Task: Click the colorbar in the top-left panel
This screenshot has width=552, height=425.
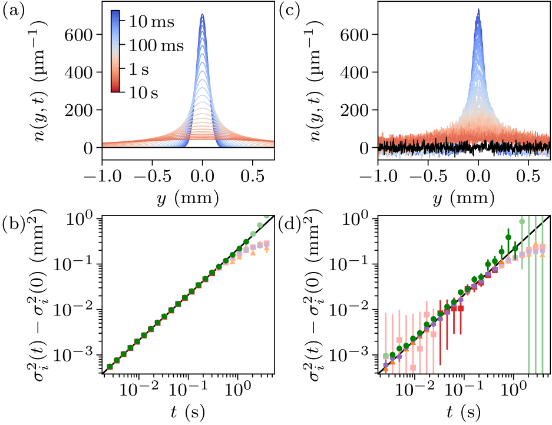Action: tap(115, 51)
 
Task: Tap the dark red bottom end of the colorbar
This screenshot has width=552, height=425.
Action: tap(115, 89)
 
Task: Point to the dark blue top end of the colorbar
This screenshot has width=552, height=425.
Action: tap(115, 14)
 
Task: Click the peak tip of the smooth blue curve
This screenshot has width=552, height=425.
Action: tap(202, 15)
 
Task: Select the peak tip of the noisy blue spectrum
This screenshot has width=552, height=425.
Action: tap(478, 10)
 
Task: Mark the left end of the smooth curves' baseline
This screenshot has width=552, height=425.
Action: tap(104, 144)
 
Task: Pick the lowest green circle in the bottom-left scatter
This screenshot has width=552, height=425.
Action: tap(110, 366)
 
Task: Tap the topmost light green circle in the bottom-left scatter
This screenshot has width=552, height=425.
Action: tap(266, 216)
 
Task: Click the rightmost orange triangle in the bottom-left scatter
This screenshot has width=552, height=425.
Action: tap(266, 249)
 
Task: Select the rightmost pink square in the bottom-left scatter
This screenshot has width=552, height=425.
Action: tap(266, 243)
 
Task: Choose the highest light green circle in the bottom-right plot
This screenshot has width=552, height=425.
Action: tap(522, 221)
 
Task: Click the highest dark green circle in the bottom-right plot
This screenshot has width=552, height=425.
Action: tap(508, 237)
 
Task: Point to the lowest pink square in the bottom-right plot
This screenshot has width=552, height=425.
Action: tap(413, 367)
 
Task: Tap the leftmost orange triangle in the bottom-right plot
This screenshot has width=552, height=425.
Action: tap(386, 369)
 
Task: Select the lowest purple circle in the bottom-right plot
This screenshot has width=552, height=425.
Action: tap(386, 364)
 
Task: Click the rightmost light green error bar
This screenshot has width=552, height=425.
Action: tap(542, 294)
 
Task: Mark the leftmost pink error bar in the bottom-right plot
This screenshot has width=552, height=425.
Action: tap(386, 341)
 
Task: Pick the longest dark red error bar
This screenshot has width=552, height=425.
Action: tap(440, 333)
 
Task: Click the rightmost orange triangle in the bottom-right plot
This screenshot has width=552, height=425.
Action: tap(542, 255)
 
